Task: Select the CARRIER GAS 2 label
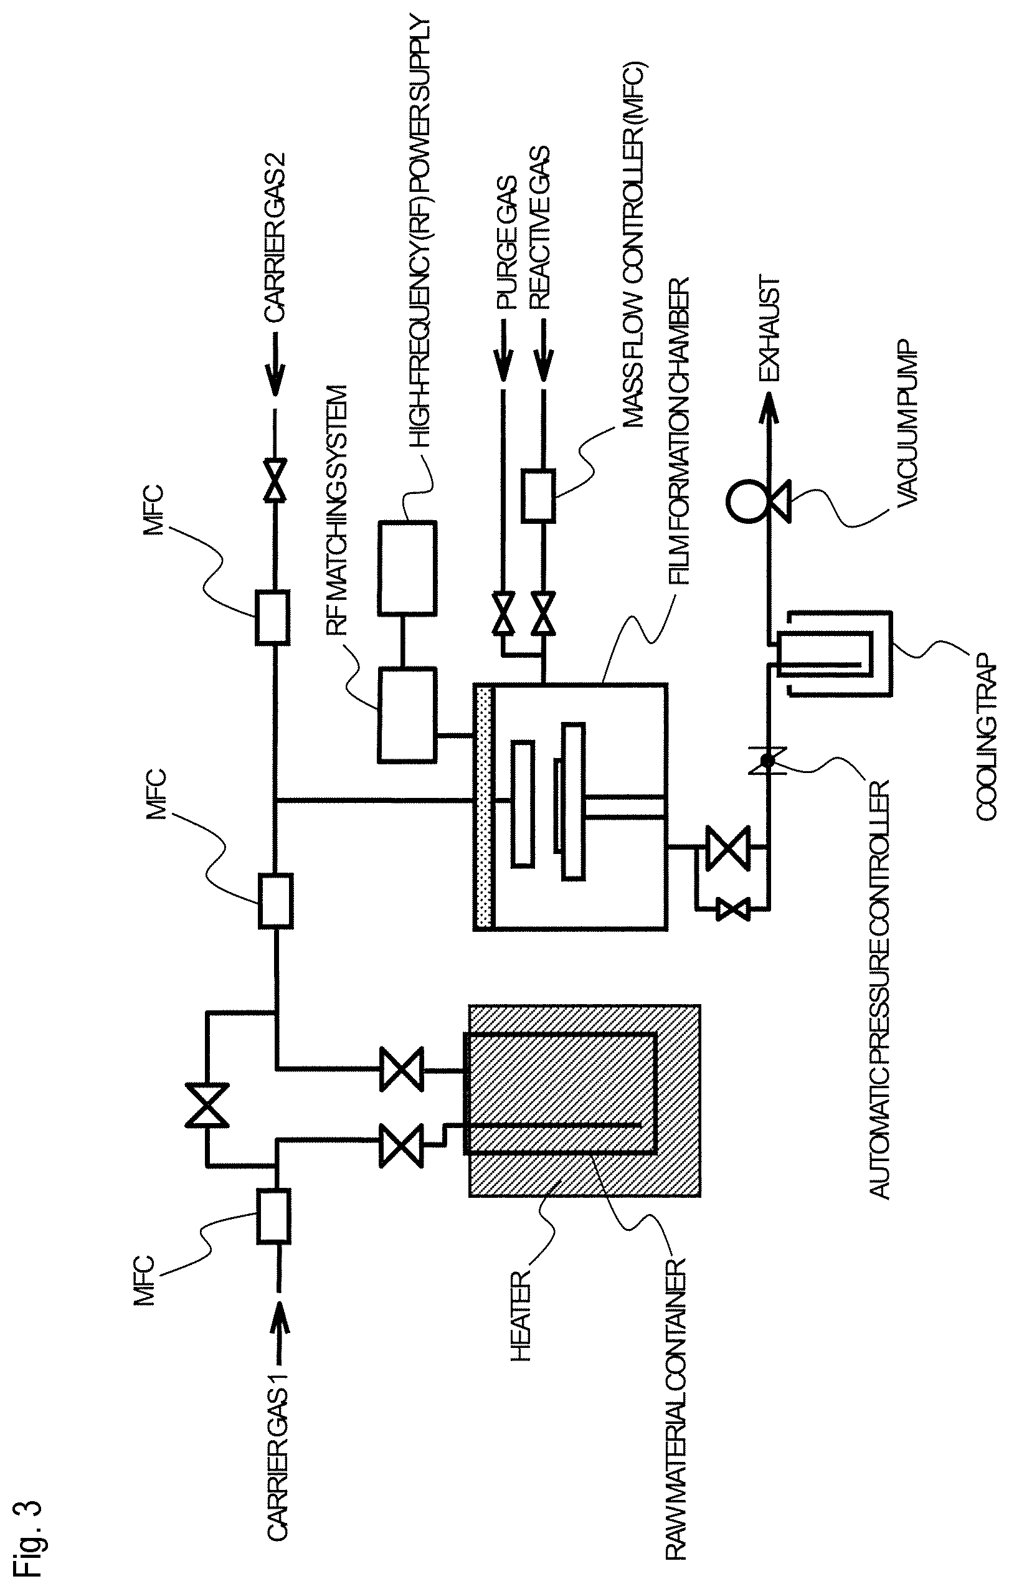[276, 240]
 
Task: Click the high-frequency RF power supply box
[407, 567]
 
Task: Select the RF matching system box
[407, 715]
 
